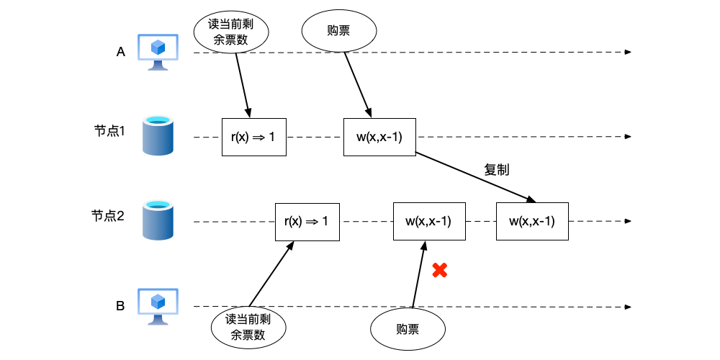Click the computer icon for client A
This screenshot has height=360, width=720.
pyautogui.click(x=158, y=53)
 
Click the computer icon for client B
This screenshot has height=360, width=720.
pyautogui.click(x=158, y=307)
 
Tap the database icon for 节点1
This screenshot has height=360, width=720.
pyautogui.click(x=158, y=135)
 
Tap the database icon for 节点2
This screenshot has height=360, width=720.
pyautogui.click(x=158, y=220)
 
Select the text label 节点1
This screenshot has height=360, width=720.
pyautogui.click(x=109, y=132)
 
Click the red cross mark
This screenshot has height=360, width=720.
pyautogui.click(x=439, y=271)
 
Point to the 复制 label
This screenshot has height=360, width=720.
pyautogui.click(x=497, y=171)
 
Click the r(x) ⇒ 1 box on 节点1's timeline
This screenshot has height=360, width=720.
pyautogui.click(x=253, y=137)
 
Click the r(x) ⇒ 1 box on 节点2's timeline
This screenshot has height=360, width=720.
pyautogui.click(x=307, y=221)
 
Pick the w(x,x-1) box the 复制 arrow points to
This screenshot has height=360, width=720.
pyautogui.click(x=532, y=221)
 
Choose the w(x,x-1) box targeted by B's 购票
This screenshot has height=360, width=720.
pyautogui.click(x=428, y=221)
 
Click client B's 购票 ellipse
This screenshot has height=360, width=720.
pyautogui.click(x=408, y=330)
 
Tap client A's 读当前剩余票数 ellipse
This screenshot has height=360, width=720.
pyautogui.click(x=232, y=32)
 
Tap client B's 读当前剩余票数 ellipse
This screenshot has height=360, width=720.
pyautogui.click(x=248, y=328)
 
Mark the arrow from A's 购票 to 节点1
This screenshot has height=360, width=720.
pyautogui.click(x=357, y=84)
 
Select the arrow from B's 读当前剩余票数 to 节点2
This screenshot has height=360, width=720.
pyautogui.click(x=271, y=274)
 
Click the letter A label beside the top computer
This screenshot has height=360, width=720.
pyautogui.click(x=121, y=52)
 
